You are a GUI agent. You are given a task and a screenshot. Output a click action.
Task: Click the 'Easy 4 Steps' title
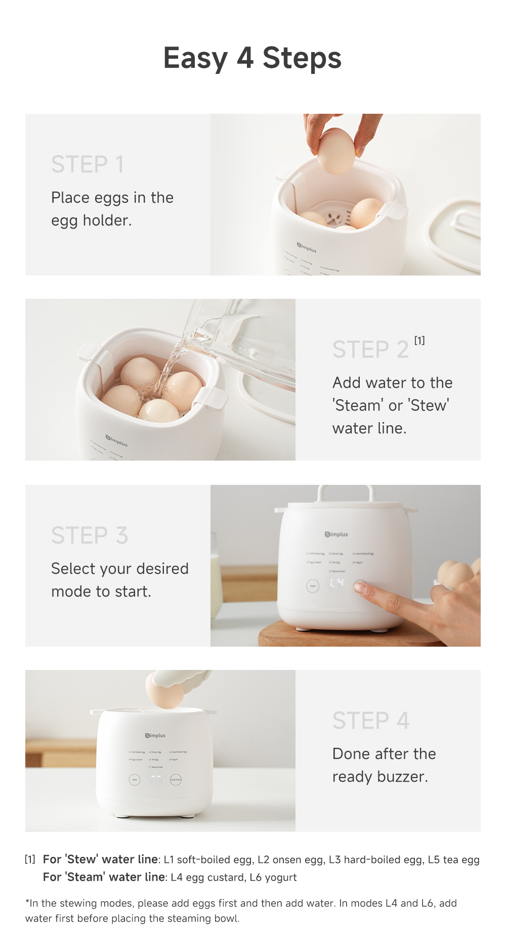252,58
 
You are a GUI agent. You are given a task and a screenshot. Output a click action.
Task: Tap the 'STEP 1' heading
88,164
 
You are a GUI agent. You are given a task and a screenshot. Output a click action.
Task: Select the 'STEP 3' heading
90,535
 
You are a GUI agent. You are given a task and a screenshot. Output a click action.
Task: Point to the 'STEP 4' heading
371,720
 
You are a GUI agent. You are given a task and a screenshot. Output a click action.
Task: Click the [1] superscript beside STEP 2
419,340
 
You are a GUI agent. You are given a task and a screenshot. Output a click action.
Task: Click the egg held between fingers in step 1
335,151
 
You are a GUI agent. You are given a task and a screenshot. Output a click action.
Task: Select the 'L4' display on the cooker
337,583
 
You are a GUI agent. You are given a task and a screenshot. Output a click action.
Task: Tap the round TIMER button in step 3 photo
313,586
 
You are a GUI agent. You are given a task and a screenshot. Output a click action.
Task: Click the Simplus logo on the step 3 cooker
336,534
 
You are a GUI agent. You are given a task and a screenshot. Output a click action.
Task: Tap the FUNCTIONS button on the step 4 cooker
176,780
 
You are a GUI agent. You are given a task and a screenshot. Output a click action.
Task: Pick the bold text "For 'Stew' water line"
100,860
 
